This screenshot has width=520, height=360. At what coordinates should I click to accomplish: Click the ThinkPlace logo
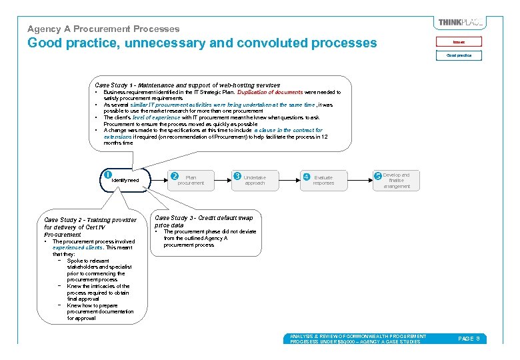click(x=461, y=23)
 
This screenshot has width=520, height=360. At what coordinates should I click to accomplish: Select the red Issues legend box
click(x=459, y=41)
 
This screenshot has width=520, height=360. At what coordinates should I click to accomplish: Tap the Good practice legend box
click(x=459, y=55)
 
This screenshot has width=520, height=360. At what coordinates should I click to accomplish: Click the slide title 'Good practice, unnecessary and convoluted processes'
click(x=201, y=43)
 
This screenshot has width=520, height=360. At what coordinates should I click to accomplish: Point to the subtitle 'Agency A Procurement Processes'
click(x=103, y=29)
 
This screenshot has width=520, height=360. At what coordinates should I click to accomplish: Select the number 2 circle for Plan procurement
click(x=175, y=176)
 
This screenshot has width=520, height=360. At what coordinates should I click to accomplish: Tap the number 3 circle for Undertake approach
click(x=237, y=176)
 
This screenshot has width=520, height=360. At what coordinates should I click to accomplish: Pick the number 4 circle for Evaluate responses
click(x=306, y=177)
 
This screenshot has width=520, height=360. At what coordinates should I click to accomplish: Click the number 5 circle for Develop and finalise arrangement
click(x=377, y=176)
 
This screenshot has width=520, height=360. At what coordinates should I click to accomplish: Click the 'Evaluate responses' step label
click(x=323, y=180)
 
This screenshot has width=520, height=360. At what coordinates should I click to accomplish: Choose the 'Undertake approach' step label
click(x=254, y=180)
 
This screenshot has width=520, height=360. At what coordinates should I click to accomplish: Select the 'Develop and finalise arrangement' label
click(x=397, y=181)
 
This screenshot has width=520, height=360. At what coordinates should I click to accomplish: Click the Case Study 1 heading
click(x=187, y=85)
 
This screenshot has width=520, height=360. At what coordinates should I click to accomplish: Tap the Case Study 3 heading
click(x=203, y=221)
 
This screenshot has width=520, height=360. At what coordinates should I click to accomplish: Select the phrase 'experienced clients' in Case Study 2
click(x=74, y=248)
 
